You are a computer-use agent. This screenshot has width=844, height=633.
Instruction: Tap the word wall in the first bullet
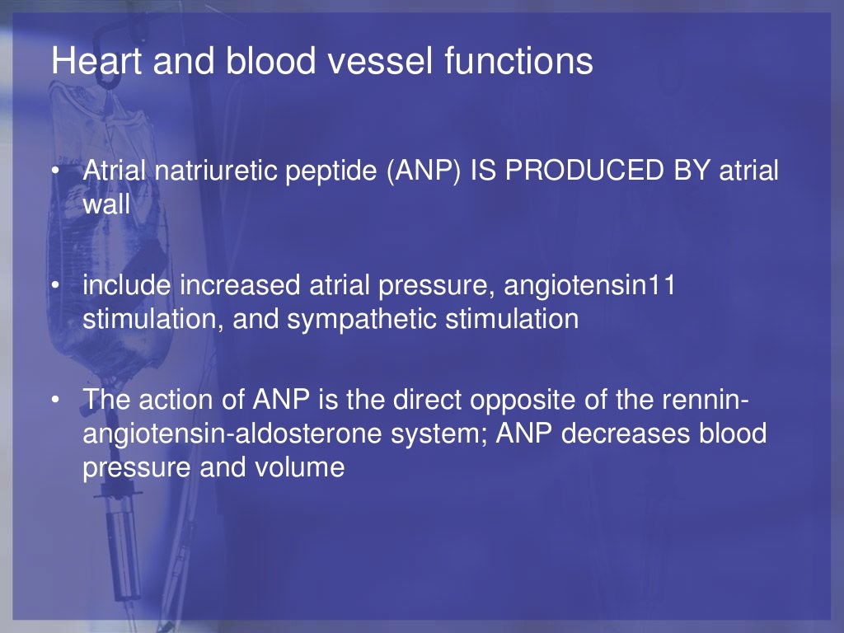(x=106, y=204)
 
